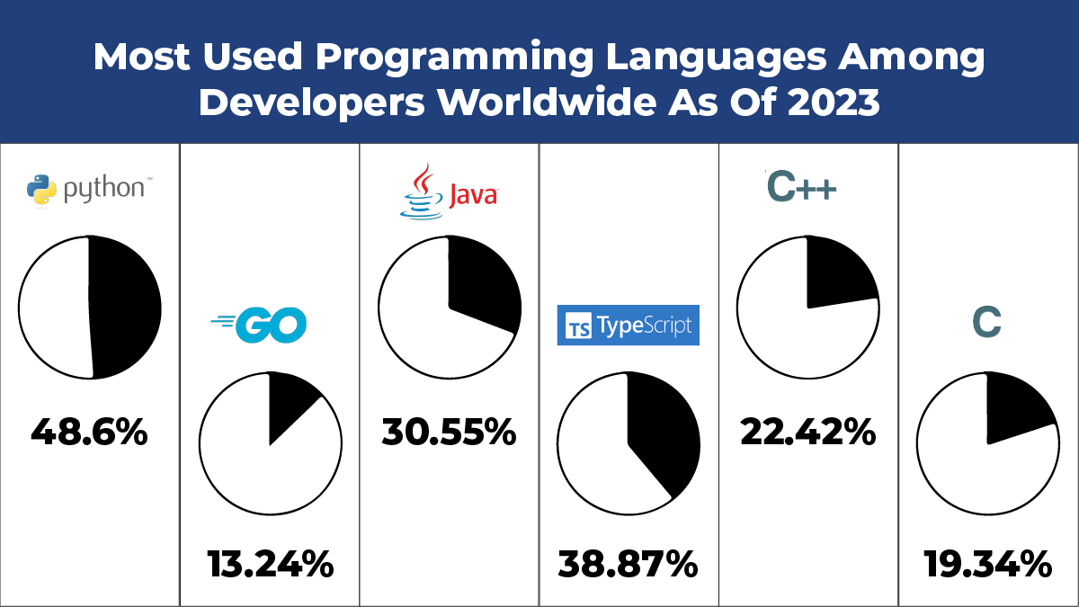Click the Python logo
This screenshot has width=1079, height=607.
click(x=88, y=190)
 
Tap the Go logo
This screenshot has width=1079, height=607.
click(x=259, y=325)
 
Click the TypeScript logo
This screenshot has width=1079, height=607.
click(x=629, y=326)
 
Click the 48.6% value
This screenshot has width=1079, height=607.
click(x=89, y=433)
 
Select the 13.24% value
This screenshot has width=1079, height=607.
click(x=270, y=566)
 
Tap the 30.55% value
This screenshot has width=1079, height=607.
click(x=449, y=433)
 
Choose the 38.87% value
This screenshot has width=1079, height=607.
click(x=628, y=566)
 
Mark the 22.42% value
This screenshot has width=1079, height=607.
click(x=807, y=433)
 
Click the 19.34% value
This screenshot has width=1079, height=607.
click(x=987, y=566)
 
